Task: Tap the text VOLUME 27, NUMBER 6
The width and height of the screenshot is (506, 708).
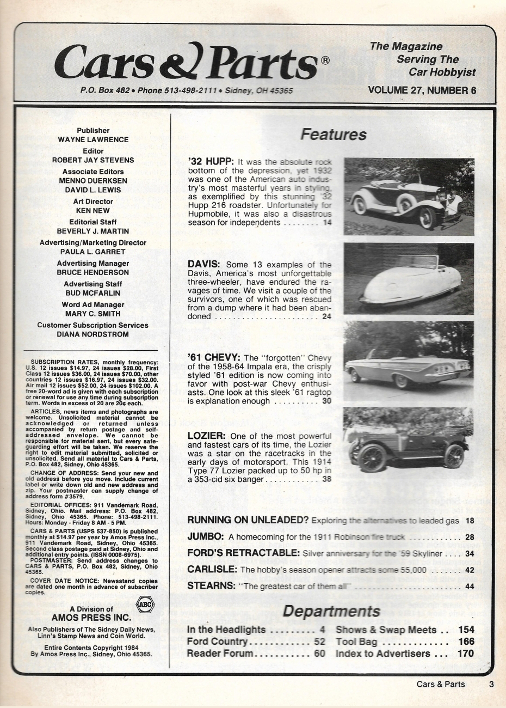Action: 422,90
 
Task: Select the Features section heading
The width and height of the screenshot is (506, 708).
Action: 334,135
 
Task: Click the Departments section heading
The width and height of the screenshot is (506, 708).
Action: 331,611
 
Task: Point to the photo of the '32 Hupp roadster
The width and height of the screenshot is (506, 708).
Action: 409,197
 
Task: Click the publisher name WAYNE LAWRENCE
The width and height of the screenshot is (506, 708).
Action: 93,139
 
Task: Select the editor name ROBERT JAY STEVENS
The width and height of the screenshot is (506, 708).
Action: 93,160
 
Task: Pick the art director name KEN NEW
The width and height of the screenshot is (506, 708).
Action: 93,210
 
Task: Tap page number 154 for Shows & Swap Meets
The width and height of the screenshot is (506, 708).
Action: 466,630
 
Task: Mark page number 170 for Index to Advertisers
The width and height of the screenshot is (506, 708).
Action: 466,653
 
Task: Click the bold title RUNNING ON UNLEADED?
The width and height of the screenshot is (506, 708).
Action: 248,520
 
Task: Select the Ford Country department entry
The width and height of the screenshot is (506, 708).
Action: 217,642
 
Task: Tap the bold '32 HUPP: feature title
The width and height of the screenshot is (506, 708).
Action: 211,162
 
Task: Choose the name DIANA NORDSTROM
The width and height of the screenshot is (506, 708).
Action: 93,334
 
